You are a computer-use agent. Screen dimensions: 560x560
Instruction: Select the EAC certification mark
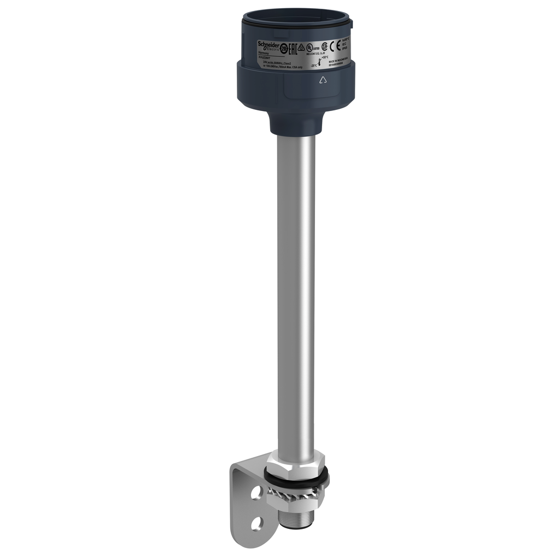point(293,50)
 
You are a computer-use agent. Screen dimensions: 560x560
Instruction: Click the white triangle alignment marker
point(322,80)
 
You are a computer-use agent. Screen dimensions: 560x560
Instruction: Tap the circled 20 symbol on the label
point(283,49)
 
